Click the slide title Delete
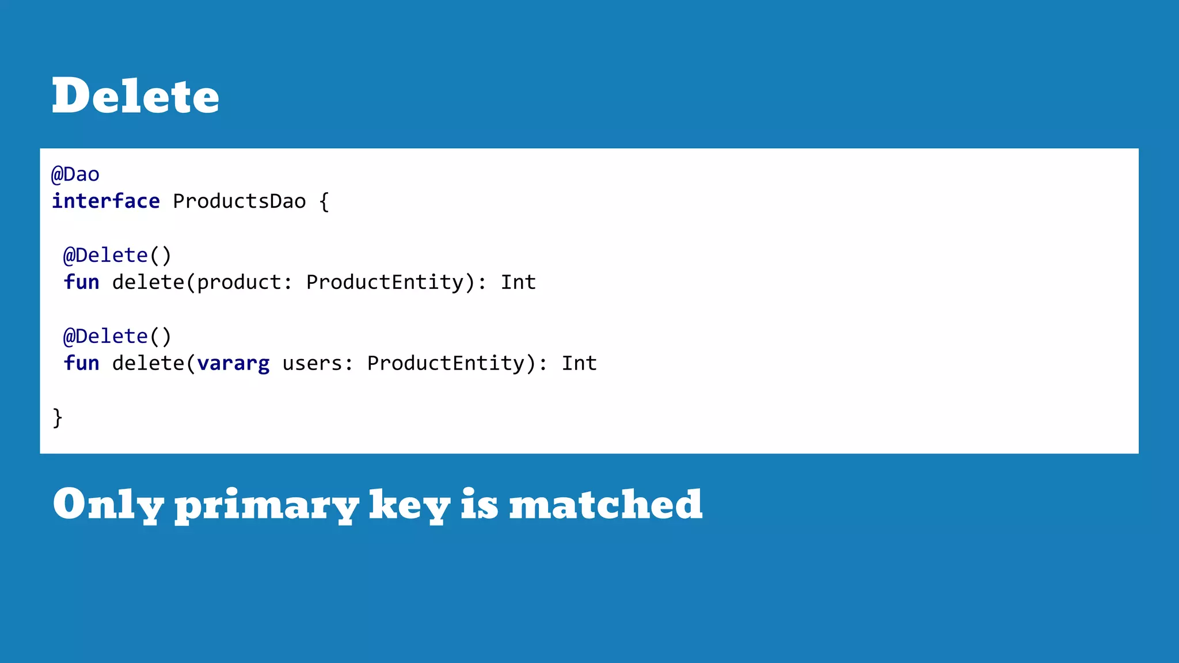coord(135,96)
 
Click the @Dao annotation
coord(75,174)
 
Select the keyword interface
coord(106,201)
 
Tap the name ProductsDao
coord(239,201)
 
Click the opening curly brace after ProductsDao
coord(324,201)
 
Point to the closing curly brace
coord(58,417)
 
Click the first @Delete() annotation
coord(117,255)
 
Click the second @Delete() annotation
coord(117,336)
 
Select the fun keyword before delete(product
coord(81,282)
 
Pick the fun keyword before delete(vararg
coord(81,363)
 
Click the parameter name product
coord(239,282)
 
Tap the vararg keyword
coord(233,364)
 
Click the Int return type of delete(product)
coord(518,282)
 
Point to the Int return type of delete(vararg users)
coord(579,363)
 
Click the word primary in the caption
coord(267,505)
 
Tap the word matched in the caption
coord(606,504)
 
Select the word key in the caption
coord(409,505)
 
